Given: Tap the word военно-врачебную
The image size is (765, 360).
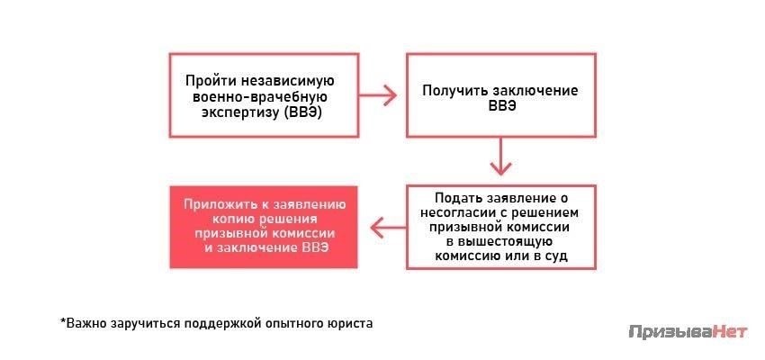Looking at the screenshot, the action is [259, 96].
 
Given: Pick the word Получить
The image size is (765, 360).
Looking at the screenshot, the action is [455, 91].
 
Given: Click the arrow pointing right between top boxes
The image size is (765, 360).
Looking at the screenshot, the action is [378, 95].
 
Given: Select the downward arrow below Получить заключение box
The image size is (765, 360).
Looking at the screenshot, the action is [501, 156].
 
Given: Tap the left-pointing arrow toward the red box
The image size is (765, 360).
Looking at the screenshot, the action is [389, 227].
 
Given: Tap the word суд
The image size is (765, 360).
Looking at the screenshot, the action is [556, 256].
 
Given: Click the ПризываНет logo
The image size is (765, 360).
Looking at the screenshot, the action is [688, 332].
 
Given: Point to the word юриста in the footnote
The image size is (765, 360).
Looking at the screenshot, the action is [348, 323].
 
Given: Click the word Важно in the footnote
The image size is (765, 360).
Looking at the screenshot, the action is [84, 323].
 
